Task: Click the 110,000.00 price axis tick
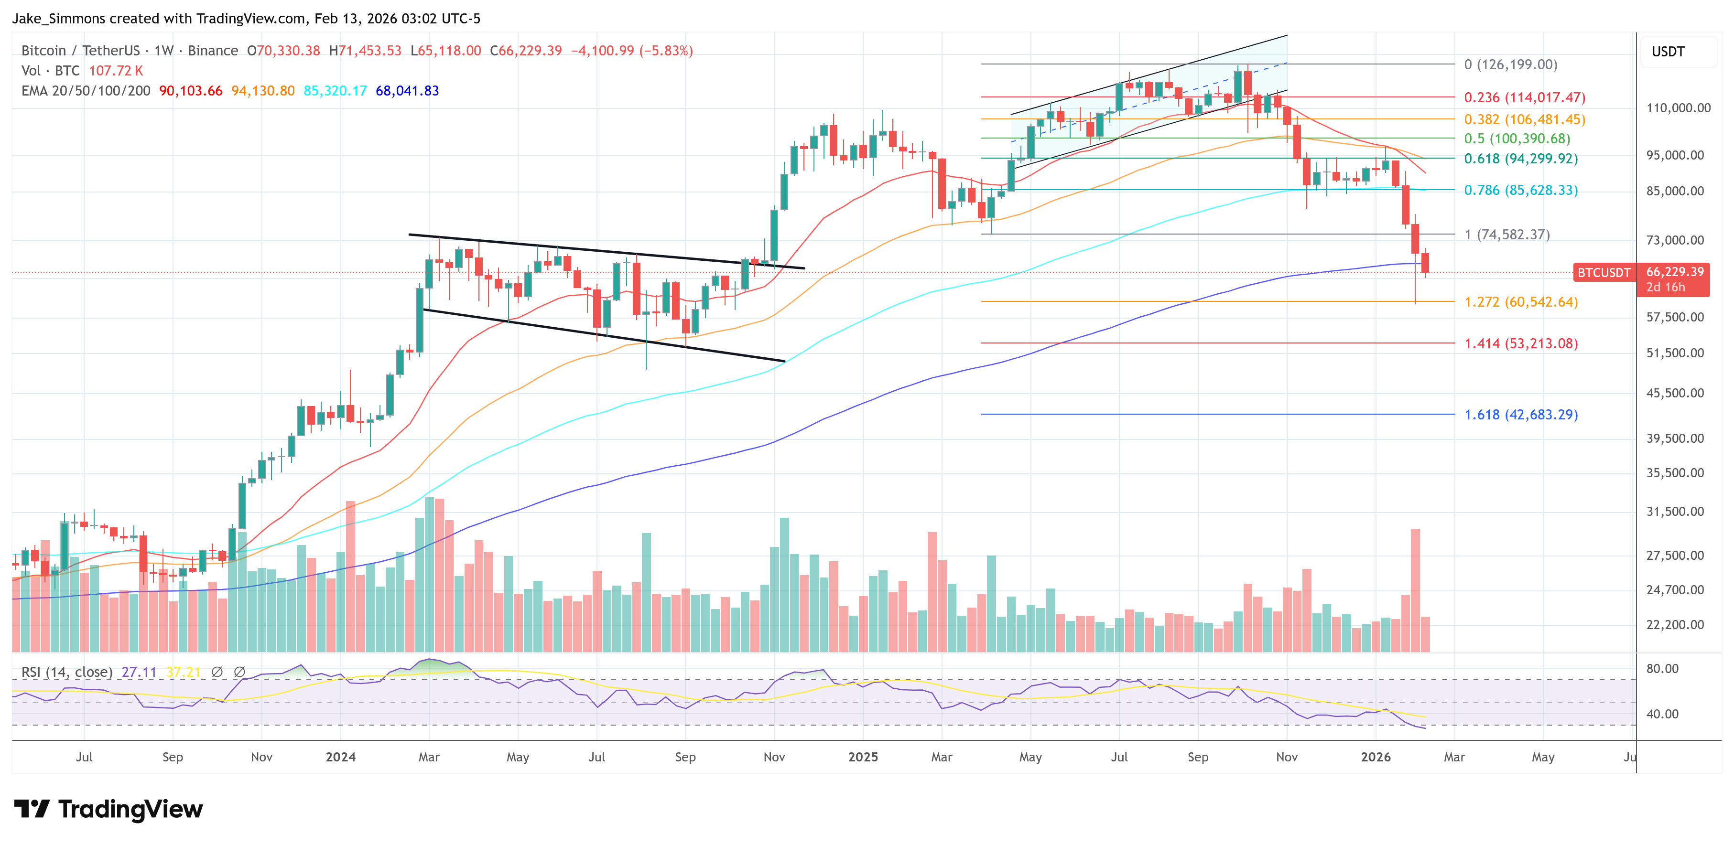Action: (1678, 107)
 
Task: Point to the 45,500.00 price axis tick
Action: (1675, 393)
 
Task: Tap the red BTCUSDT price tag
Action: (1604, 272)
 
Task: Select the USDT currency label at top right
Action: (1668, 52)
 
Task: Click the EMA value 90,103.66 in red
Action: (191, 91)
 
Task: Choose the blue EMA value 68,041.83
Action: (407, 91)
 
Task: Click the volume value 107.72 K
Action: (116, 71)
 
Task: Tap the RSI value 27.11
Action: (139, 672)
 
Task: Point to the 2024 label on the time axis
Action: (341, 757)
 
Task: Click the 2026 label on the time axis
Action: (1375, 757)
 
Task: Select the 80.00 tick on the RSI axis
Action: (1662, 669)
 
